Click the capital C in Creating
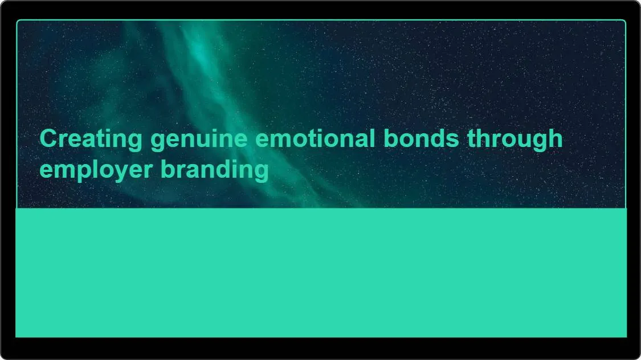[x=48, y=139]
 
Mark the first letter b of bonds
[x=390, y=138]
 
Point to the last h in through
[x=555, y=138]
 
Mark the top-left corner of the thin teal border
[x=18, y=21]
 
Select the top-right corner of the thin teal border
[x=624, y=21]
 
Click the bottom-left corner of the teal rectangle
[x=16, y=337]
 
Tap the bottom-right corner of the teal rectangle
[x=626, y=337]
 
